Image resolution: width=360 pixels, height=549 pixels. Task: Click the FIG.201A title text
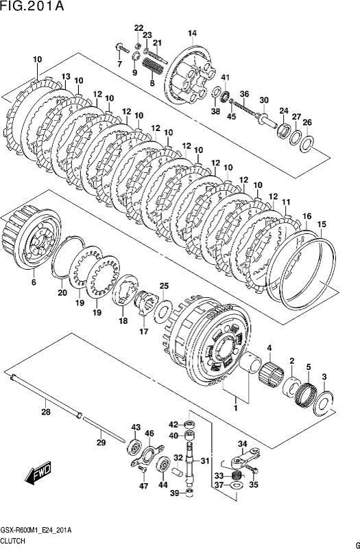click(x=32, y=6)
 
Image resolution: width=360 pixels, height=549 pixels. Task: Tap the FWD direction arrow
click(x=38, y=473)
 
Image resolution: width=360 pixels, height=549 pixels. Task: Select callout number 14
click(x=192, y=33)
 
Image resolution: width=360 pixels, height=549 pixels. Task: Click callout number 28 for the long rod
click(x=46, y=412)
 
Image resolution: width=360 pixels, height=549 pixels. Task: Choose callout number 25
click(x=165, y=286)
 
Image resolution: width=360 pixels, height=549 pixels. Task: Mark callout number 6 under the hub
click(x=34, y=282)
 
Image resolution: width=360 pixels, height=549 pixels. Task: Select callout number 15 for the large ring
click(x=322, y=224)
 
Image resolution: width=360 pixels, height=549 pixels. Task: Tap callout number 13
click(x=66, y=76)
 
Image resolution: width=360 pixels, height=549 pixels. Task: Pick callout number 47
click(x=144, y=486)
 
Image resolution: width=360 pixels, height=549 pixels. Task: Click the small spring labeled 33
click(x=238, y=475)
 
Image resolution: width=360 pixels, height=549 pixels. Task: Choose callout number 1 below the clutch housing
click(x=236, y=408)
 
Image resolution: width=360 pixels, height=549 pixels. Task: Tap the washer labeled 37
click(x=237, y=485)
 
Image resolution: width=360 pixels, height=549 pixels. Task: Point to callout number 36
click(x=244, y=94)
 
